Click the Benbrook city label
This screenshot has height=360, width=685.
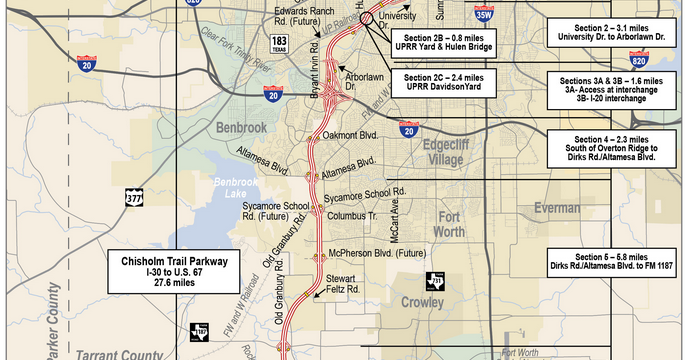243,127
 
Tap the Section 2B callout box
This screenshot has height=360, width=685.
443,43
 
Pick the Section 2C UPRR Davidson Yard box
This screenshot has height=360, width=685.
443,83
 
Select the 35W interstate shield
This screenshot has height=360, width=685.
483,14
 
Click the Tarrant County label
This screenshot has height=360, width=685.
117,352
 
